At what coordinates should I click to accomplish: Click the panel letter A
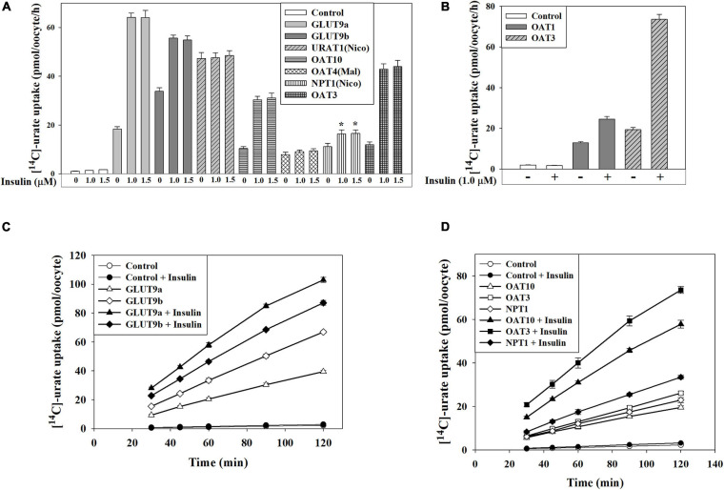(x=6, y=8)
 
